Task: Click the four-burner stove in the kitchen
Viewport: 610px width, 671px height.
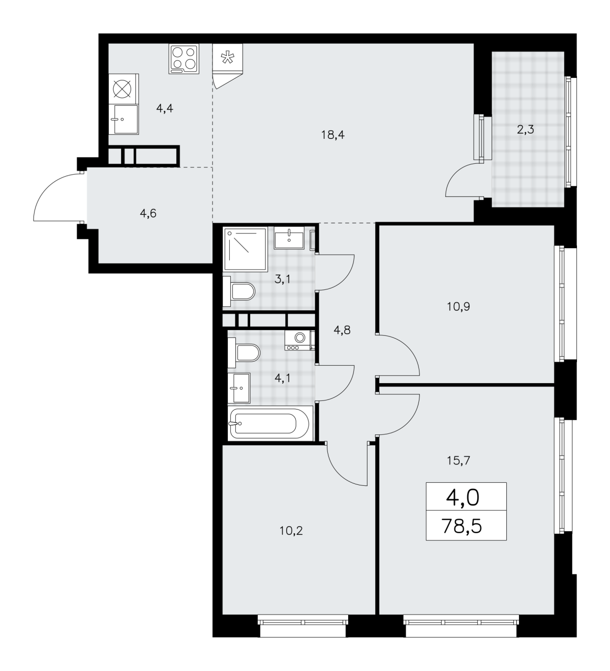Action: pos(184,59)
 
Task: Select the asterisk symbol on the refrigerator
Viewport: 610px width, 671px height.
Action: pos(227,58)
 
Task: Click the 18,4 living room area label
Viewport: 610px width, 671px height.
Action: pos(332,135)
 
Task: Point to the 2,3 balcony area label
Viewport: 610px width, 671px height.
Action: pos(526,129)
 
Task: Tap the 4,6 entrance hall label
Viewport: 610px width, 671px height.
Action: pos(148,213)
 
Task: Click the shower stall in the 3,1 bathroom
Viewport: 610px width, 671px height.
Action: pos(246,249)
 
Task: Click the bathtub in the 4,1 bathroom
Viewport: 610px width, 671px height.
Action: pos(270,423)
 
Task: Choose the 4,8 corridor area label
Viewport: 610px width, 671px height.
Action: pos(342,330)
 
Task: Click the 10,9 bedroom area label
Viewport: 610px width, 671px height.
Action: pos(458,306)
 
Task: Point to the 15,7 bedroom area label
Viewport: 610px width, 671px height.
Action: pos(458,460)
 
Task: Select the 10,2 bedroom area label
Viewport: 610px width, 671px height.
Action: pos(291,531)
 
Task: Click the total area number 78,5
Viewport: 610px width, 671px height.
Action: pos(461,526)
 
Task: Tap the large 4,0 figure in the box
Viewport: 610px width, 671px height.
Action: pos(463,498)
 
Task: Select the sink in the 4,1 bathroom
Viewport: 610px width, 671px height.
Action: pos(241,388)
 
